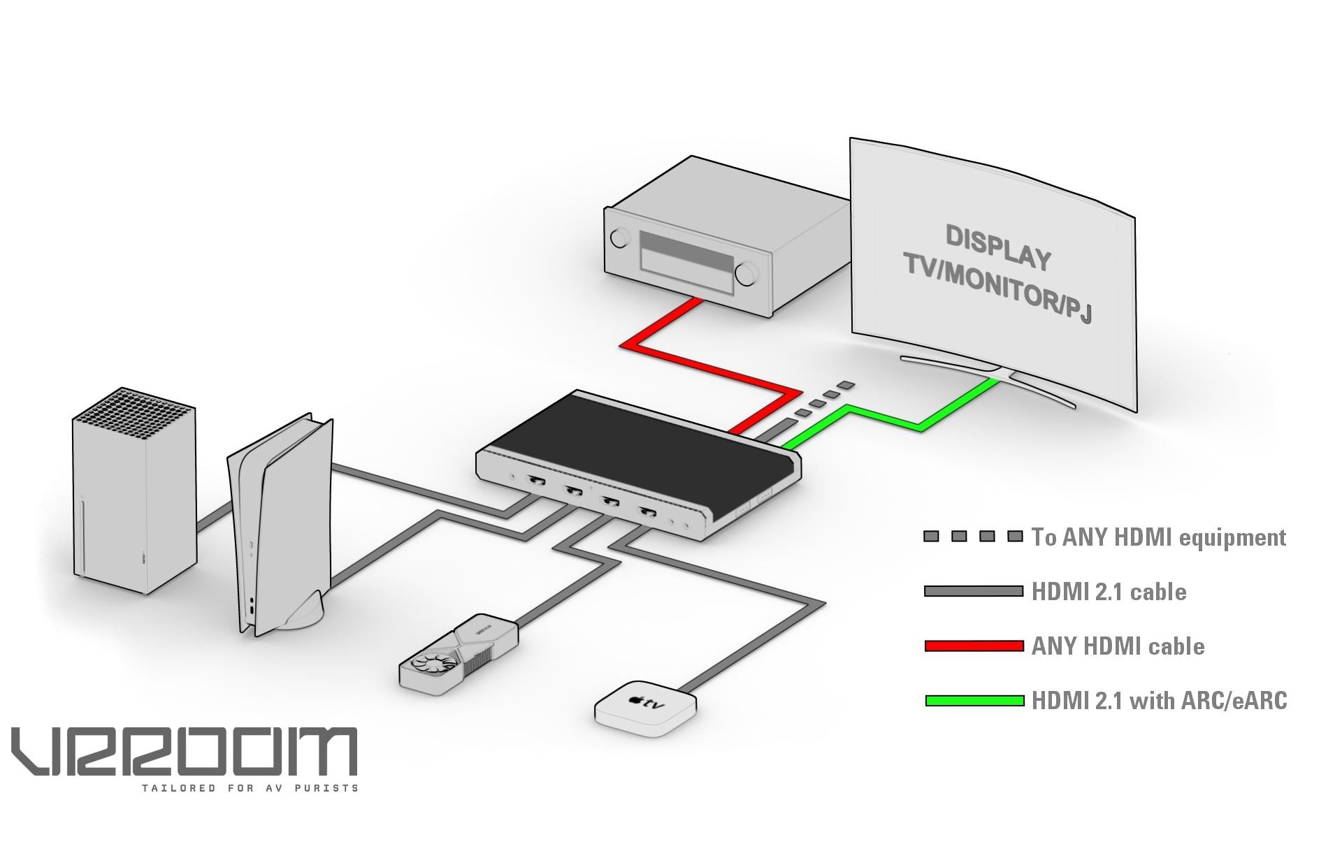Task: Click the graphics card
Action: (x=458, y=653)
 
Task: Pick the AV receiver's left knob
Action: (x=619, y=238)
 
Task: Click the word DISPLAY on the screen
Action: (x=997, y=247)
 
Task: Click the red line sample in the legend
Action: (x=974, y=646)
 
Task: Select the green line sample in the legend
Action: (x=974, y=700)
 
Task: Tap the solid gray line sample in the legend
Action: (x=974, y=591)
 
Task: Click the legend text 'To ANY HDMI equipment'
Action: (x=1158, y=537)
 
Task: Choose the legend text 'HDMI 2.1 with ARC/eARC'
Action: (x=1159, y=700)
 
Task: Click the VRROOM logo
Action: (x=184, y=751)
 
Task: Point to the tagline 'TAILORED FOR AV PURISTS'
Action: (x=250, y=788)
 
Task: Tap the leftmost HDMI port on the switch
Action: (x=537, y=481)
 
